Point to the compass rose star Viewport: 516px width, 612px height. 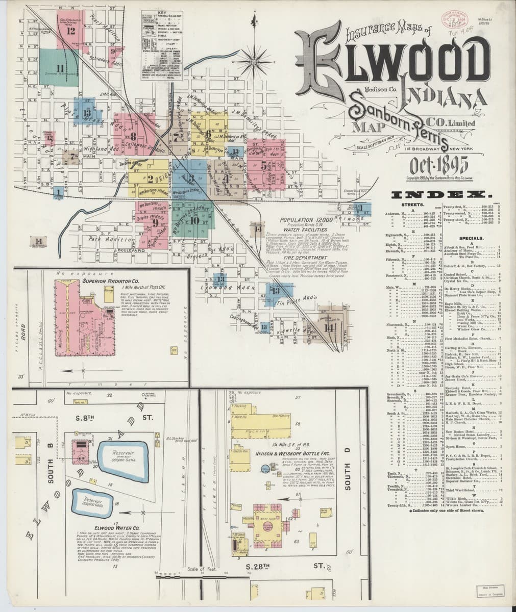pos(254,62)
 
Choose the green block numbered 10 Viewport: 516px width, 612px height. pos(194,220)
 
